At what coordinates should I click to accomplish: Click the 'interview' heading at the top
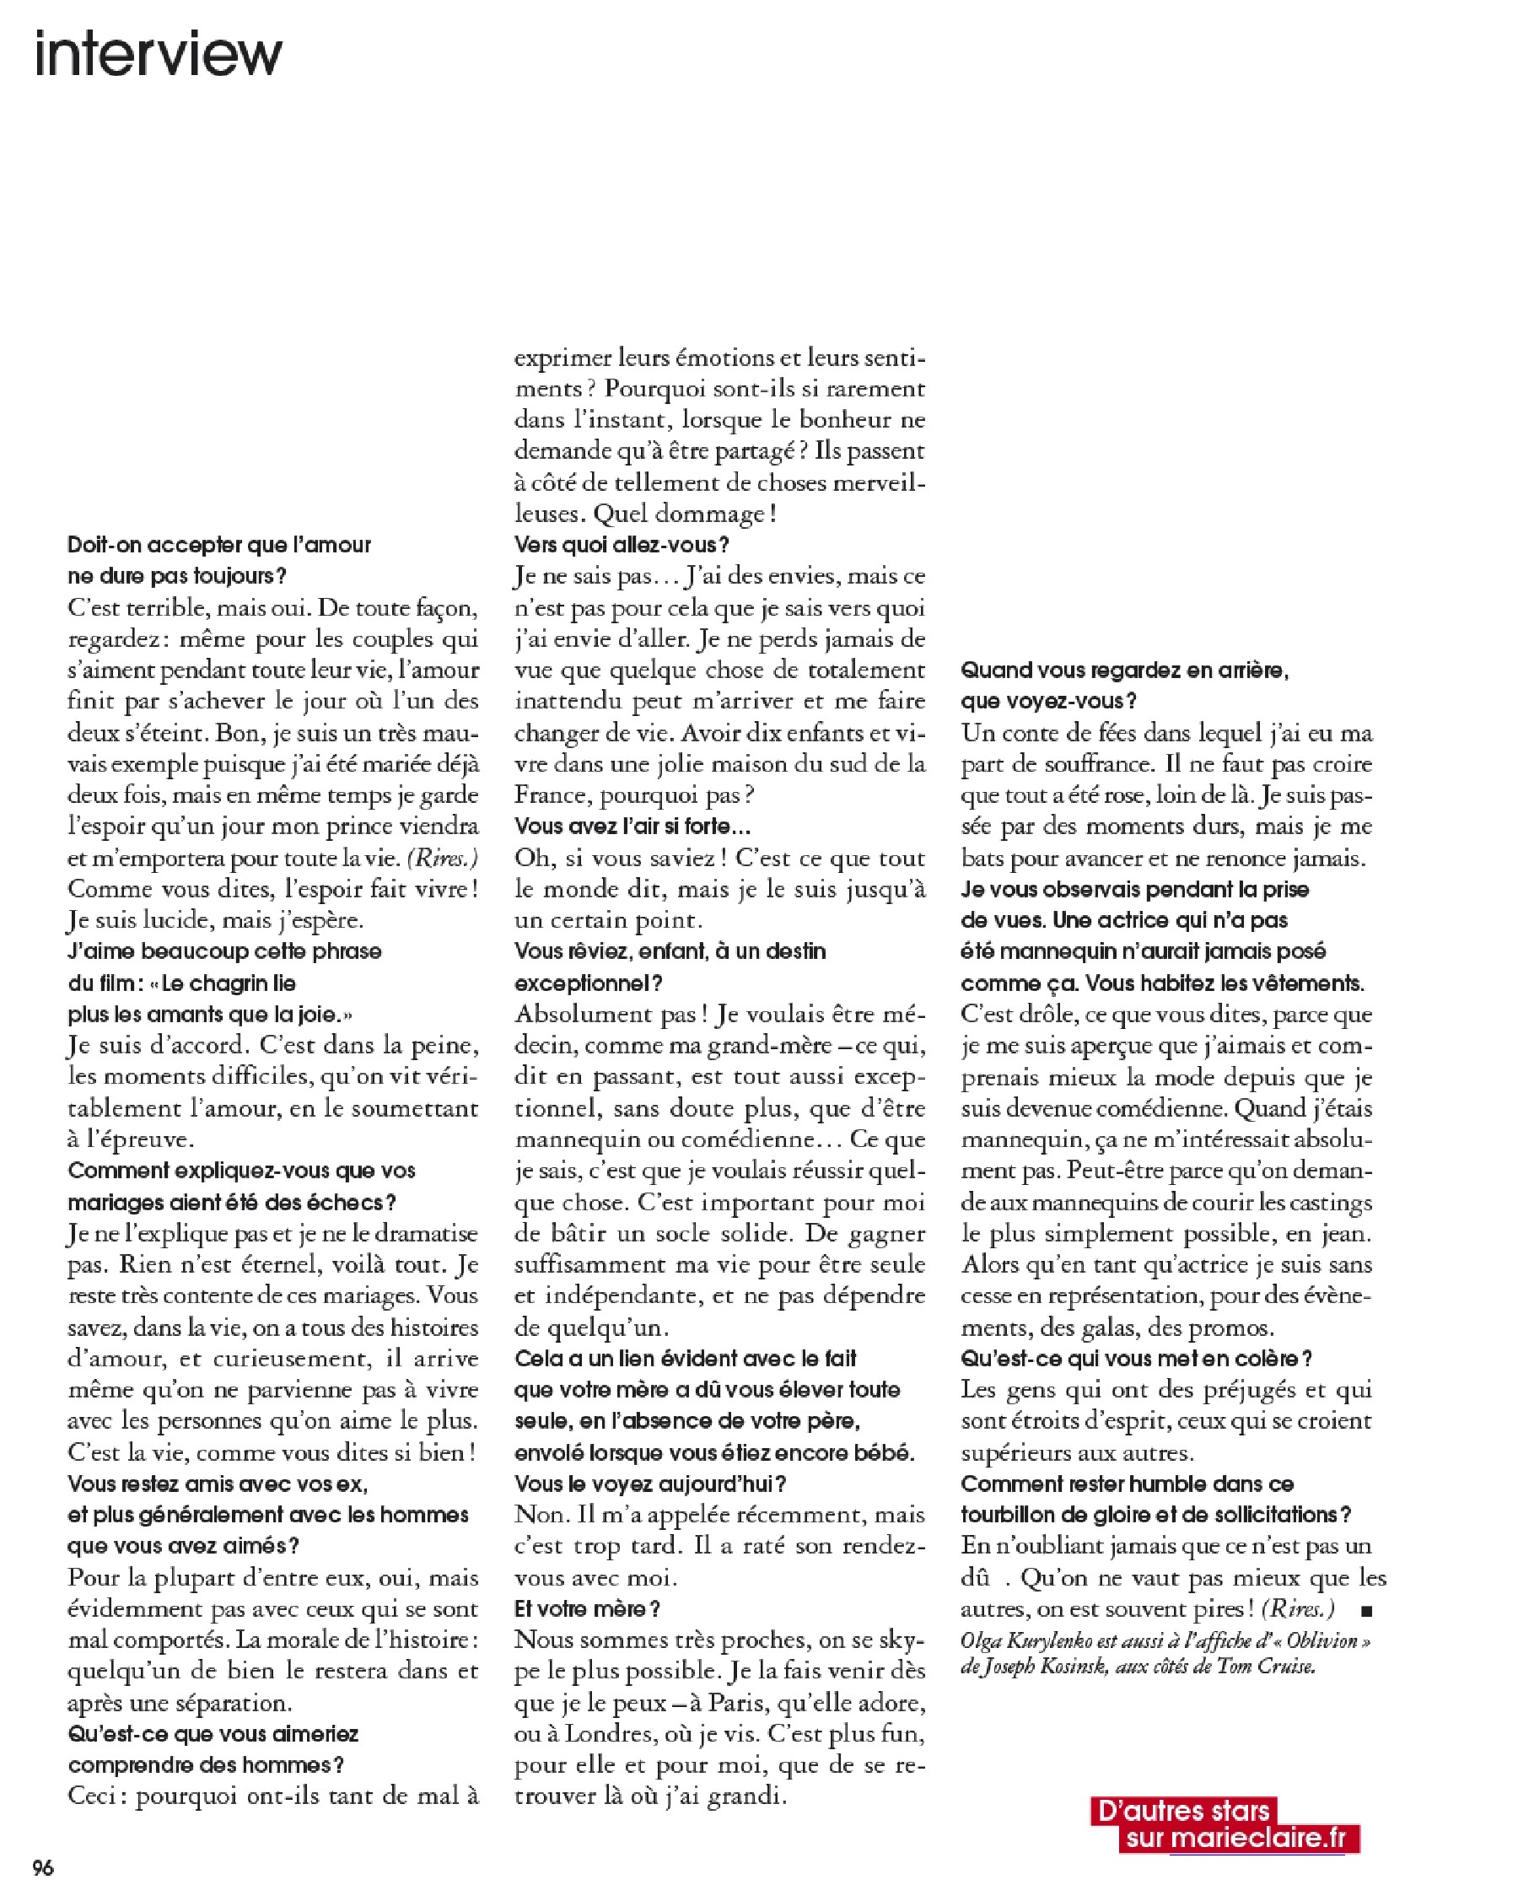(159, 53)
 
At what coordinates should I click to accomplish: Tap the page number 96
(43, 1867)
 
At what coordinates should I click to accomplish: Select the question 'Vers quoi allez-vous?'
(621, 545)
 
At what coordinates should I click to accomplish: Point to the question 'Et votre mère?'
(587, 1608)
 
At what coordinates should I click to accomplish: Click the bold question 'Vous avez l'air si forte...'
(632, 827)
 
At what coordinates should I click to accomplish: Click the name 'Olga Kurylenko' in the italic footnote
(1032, 1641)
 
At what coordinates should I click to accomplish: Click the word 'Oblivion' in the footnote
(1322, 1641)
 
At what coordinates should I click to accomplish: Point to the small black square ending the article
(1368, 1609)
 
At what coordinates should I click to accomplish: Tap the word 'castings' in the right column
(1329, 1203)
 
